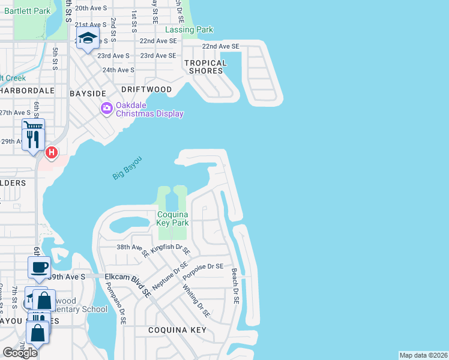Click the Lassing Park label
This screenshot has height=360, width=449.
188,29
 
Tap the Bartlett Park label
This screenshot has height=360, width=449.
34,11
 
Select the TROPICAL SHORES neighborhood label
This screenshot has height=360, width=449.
205,67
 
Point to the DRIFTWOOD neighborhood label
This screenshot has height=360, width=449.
146,89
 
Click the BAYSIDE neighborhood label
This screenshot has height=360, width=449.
88,94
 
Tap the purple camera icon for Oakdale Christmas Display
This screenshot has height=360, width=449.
106,108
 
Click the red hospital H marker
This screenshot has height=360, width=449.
52,153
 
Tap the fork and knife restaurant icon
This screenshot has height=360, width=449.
32,140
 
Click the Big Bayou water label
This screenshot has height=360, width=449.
127,167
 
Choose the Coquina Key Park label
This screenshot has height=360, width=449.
173,218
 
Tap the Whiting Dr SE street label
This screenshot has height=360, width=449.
197,301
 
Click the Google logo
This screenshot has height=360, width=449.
20,353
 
